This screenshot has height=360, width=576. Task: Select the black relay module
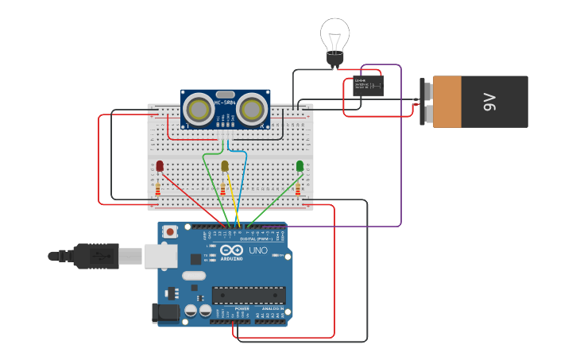point(368,86)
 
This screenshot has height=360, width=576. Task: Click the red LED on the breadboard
point(160,165)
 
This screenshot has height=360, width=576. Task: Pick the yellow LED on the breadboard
point(225,165)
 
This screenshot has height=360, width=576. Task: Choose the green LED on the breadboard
point(300,165)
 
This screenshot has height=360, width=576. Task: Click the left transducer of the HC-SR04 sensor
point(198,109)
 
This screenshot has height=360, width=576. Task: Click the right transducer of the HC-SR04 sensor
point(252,109)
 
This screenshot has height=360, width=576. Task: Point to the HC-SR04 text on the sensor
point(225,93)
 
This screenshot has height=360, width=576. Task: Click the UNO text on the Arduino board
point(258,250)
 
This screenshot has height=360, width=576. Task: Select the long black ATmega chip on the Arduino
point(249,295)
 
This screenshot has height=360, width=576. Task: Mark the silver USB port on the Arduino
point(160,255)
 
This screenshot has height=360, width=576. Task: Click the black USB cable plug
point(99,256)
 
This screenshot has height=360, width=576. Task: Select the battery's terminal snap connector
point(427,102)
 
